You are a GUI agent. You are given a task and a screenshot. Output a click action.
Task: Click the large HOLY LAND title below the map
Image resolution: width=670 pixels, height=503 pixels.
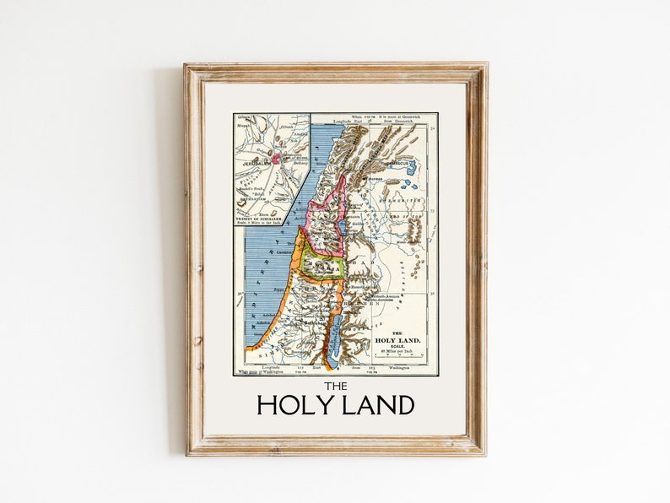(335, 405)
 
